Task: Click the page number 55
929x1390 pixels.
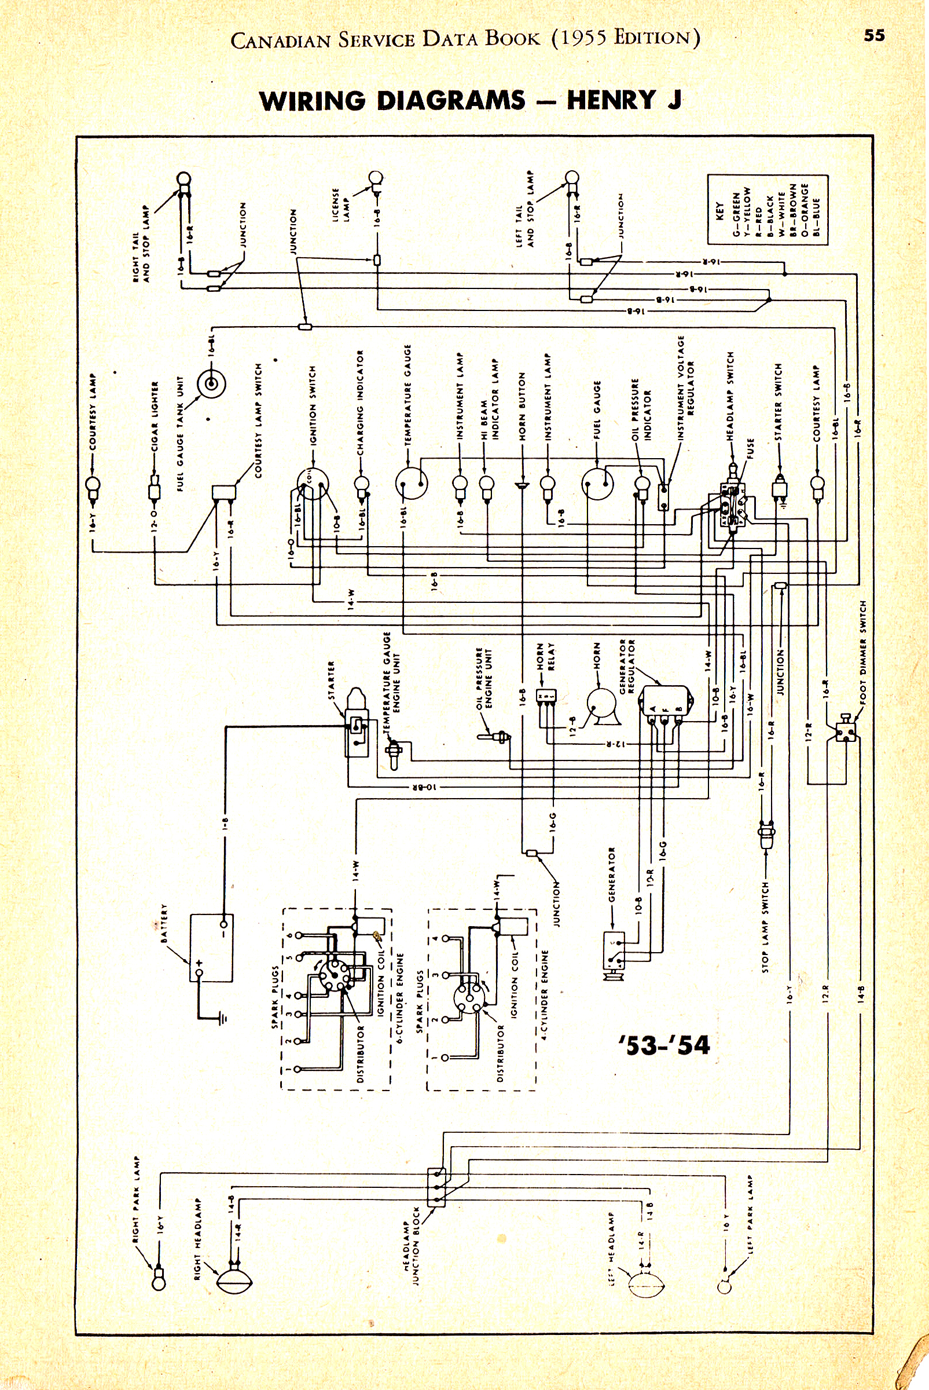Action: (874, 35)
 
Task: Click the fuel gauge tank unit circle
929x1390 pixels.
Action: (211, 384)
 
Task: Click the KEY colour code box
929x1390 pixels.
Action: (768, 209)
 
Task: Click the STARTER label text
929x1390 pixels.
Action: (331, 680)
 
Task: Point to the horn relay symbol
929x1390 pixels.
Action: (546, 696)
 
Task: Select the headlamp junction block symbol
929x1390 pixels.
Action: (436, 1187)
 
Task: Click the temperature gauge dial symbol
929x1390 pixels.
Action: (412, 483)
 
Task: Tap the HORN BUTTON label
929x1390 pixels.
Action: (522, 407)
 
